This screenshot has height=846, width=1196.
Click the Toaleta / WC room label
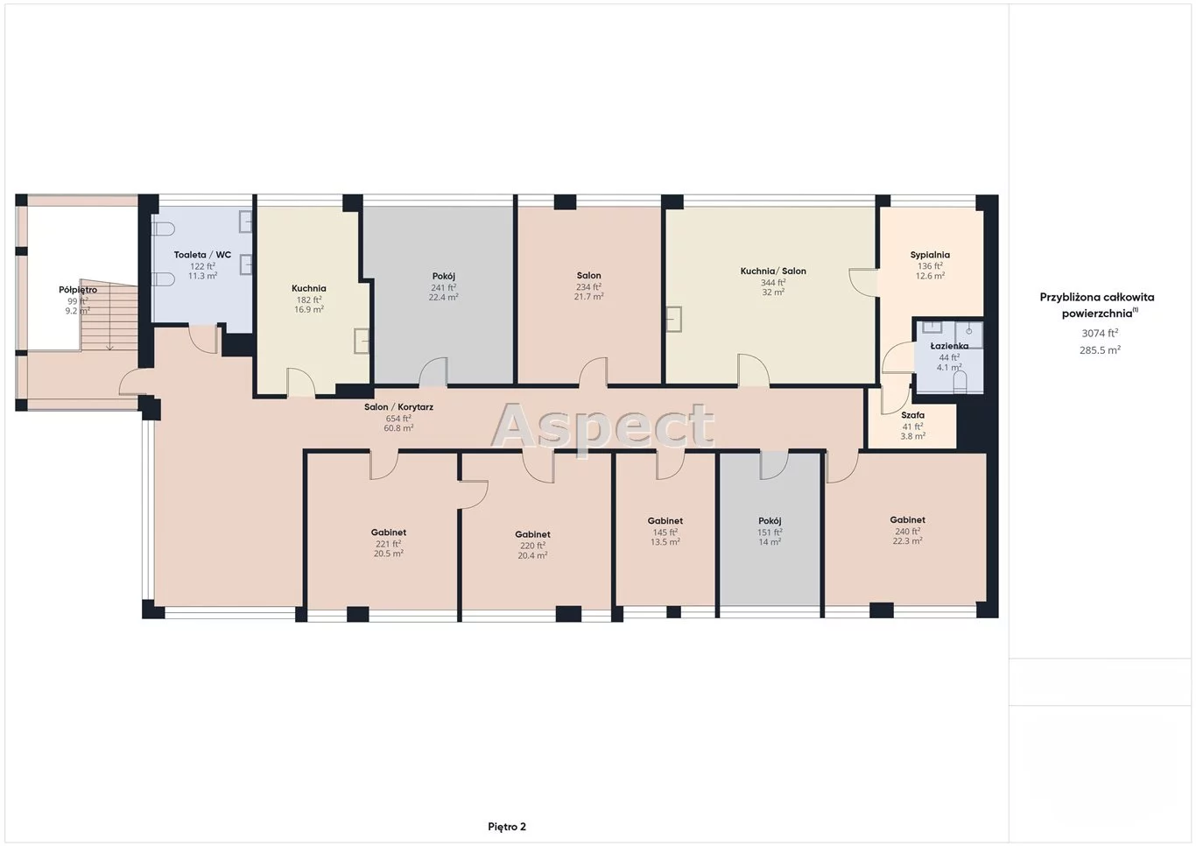[x=202, y=255]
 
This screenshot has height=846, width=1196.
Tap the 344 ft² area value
[x=773, y=283]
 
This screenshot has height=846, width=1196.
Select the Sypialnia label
[x=930, y=256]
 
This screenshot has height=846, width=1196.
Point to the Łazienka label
[x=949, y=346]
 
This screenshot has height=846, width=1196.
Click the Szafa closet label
[x=912, y=415]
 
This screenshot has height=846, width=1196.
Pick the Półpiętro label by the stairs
[x=78, y=290]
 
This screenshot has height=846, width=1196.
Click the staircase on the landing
[x=109, y=314]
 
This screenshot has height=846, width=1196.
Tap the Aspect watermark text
[x=602, y=427]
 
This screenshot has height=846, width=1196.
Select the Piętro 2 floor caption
[x=507, y=827]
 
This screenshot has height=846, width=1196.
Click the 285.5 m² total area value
[x=1100, y=350]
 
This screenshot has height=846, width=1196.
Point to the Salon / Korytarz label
[x=399, y=407]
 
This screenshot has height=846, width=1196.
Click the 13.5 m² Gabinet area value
[x=665, y=542]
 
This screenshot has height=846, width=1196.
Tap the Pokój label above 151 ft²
[x=770, y=521]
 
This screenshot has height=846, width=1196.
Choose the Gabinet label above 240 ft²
[x=908, y=519]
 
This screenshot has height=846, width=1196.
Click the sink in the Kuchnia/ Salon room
[x=674, y=319]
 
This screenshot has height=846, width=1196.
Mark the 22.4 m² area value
[x=444, y=298]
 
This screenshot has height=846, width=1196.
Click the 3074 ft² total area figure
[x=1100, y=334]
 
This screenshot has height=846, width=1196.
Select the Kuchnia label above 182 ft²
[x=308, y=288]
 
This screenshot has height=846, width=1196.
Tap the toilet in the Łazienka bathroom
[x=960, y=383]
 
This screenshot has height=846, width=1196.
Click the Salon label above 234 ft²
[x=589, y=276]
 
